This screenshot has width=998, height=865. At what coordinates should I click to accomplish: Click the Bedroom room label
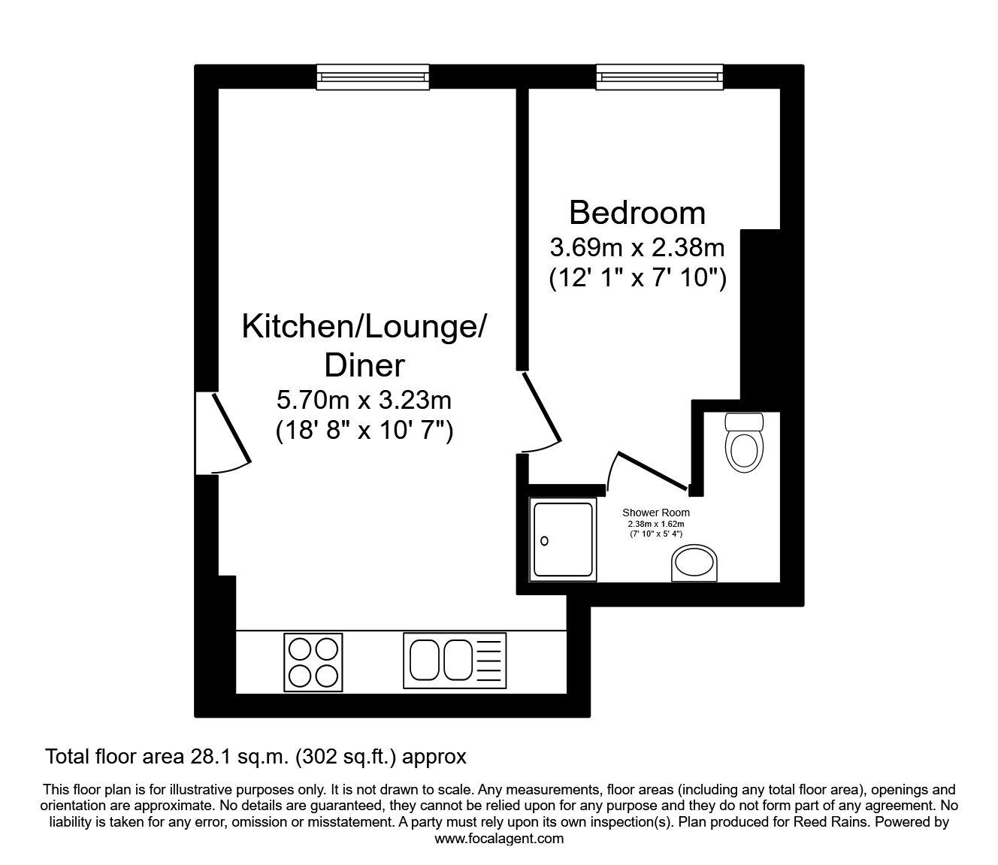pos(637,213)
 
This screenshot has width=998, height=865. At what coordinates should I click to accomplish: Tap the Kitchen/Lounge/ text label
pos(364,328)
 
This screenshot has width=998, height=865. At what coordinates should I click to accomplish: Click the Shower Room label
pos(655,513)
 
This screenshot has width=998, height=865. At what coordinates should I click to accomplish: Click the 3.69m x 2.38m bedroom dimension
pos(637,246)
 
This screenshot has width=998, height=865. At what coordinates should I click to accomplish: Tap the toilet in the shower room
pos(744,441)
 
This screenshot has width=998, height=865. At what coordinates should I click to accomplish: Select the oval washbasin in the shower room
pos(694,564)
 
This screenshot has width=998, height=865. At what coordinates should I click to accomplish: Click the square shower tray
pos(563,540)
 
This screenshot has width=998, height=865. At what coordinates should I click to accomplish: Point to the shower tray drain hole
pos(545,540)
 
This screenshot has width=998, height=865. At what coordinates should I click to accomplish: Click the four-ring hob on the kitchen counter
pos(313,662)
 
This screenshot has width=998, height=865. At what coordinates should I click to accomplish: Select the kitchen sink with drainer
pos(455,661)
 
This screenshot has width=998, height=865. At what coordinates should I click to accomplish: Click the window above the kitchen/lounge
pos(373,77)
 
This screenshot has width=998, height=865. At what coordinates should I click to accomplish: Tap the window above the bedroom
pos(660,77)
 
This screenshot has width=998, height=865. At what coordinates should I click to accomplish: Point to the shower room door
pos(650,470)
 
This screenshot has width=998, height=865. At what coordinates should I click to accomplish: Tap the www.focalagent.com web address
pos(499,839)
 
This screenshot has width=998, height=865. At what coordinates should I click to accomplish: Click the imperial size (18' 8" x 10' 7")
pos(364,431)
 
